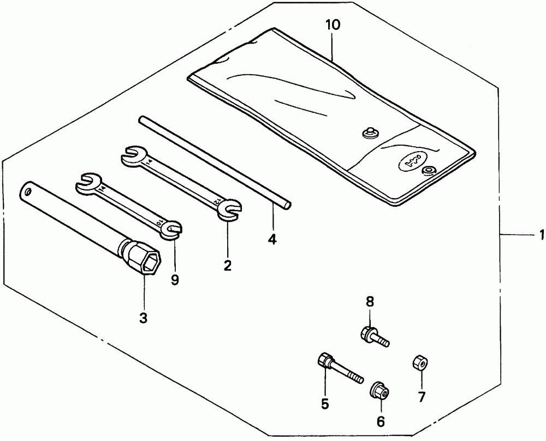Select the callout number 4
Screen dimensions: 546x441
tap(272, 239)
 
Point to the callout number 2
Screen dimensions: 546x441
tap(227, 265)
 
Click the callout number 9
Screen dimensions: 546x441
tap(175, 279)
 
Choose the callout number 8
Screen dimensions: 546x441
tap(369, 300)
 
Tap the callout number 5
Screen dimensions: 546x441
tap(325, 404)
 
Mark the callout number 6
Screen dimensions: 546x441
tap(381, 421)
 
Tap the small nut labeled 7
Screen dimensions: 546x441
tap(419, 362)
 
